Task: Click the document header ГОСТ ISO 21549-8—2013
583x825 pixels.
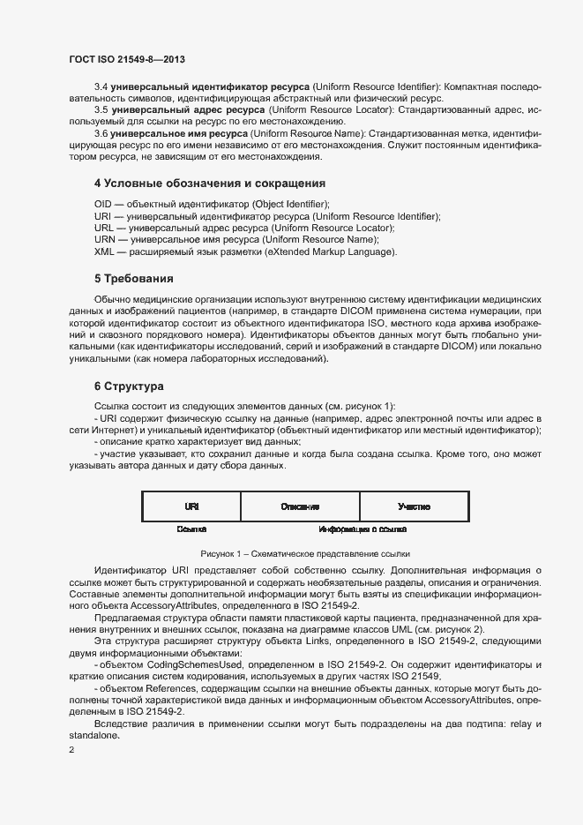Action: pyautogui.click(x=126, y=59)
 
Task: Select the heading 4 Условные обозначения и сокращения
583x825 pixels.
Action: pyautogui.click(x=210, y=184)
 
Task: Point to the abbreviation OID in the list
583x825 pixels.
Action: pyautogui.click(x=103, y=204)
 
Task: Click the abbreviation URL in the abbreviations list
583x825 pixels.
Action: pyautogui.click(x=103, y=228)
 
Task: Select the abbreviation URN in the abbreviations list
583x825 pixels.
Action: pyautogui.click(x=104, y=239)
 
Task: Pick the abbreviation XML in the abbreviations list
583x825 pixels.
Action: pyautogui.click(x=104, y=251)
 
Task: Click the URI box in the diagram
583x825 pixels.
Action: pyautogui.click(x=191, y=506)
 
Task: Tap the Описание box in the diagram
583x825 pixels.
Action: pyautogui.click(x=300, y=506)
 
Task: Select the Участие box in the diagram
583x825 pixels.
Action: pyautogui.click(x=414, y=506)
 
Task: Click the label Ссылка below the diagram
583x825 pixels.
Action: pyautogui.click(x=191, y=529)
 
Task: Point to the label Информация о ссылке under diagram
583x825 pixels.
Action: pyautogui.click(x=363, y=529)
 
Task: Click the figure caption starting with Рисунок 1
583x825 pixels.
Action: pyautogui.click(x=305, y=554)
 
